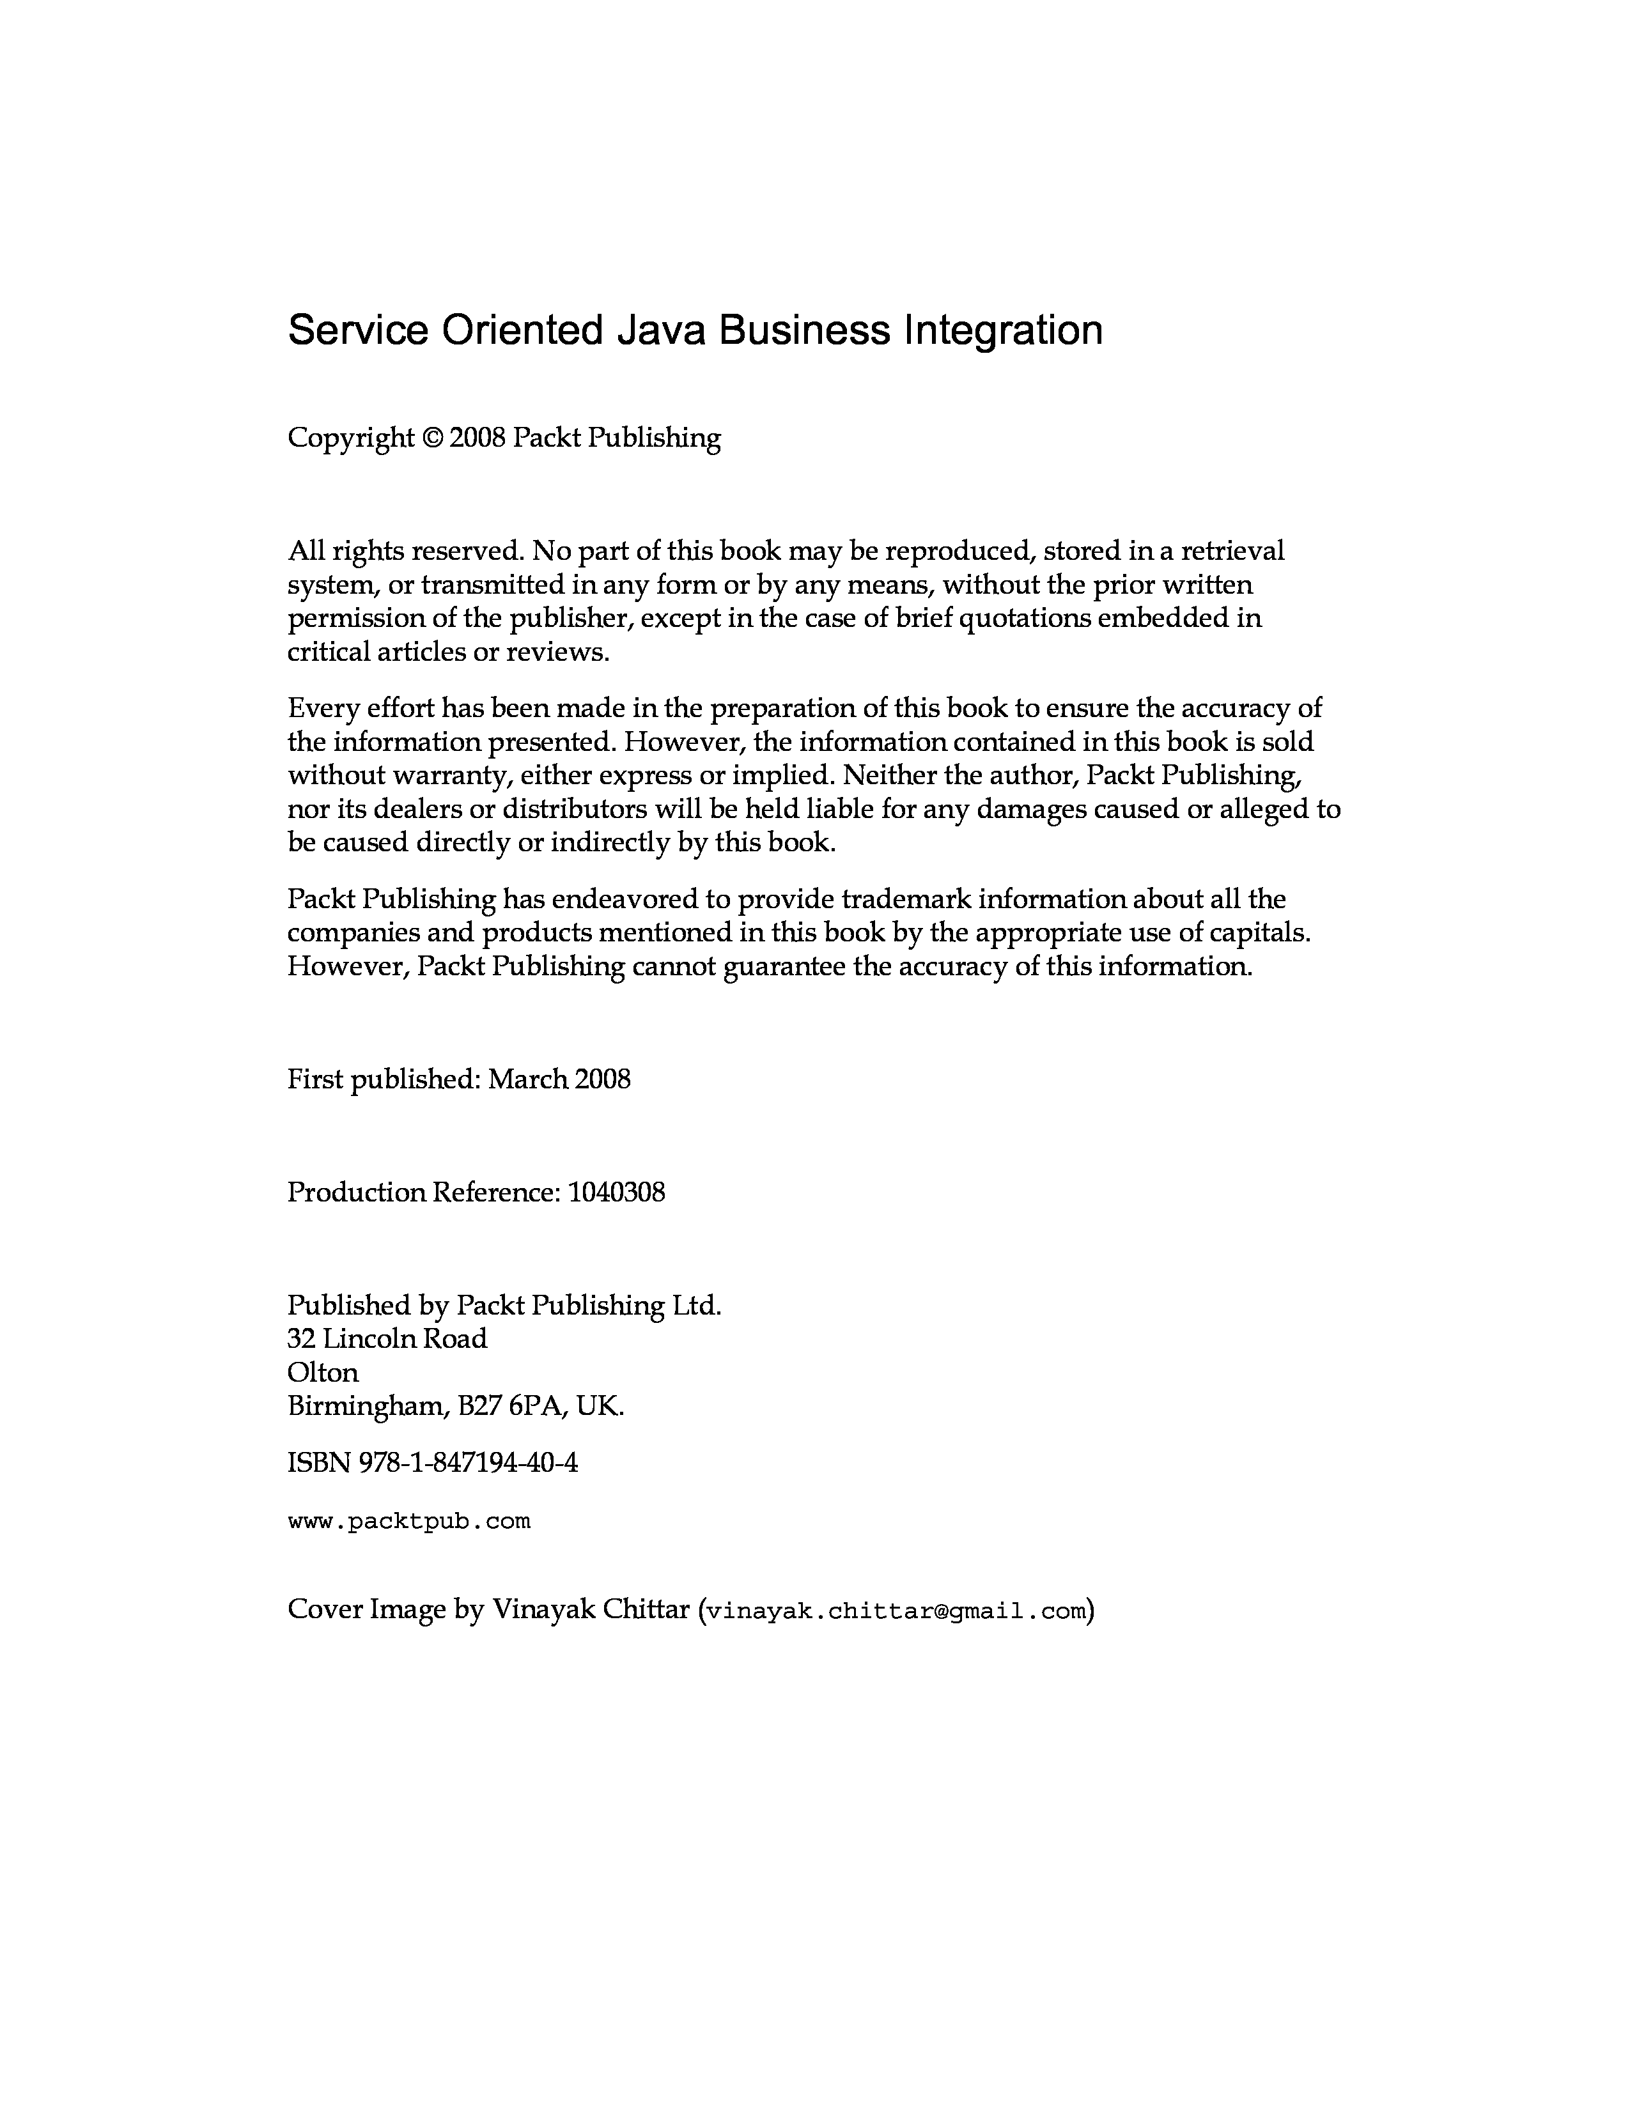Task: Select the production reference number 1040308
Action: pos(616,1193)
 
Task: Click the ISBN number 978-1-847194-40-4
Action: pos(469,1463)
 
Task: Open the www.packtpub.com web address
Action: pos(410,1522)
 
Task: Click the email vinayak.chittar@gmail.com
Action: pos(897,1611)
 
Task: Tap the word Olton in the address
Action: pos(323,1372)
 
